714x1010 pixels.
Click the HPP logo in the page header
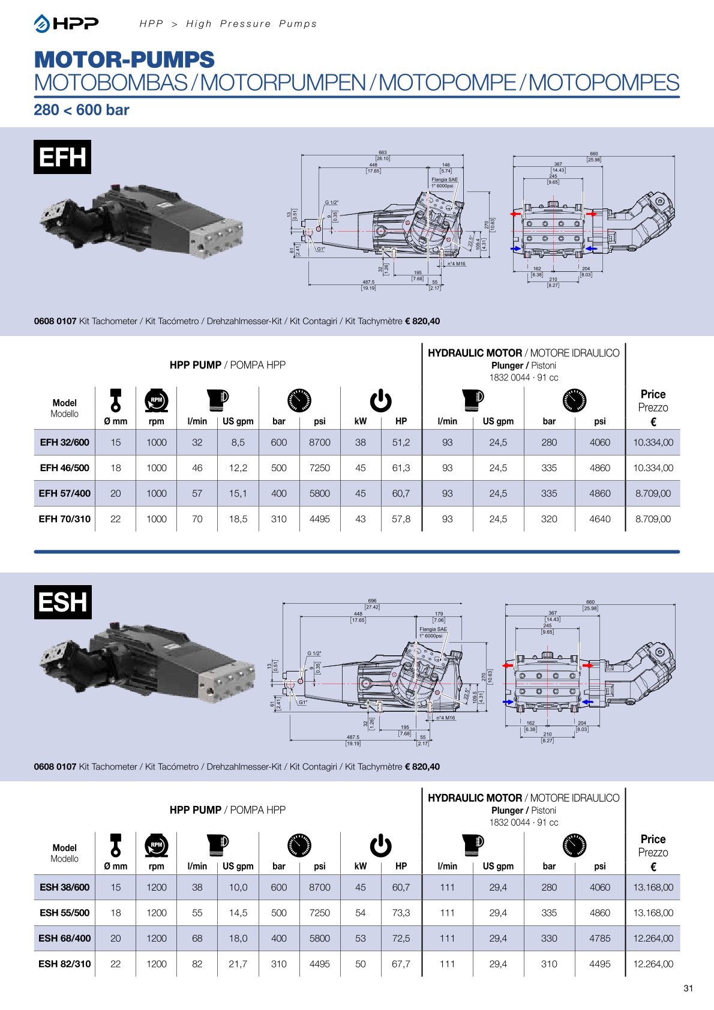tap(67, 23)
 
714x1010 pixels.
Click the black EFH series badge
tap(62, 157)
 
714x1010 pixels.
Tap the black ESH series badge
tap(62, 602)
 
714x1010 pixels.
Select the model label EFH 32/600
tap(64, 442)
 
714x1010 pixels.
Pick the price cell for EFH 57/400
tap(653, 493)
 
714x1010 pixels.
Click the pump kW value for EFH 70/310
tap(360, 519)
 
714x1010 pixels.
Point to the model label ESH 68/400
tap(64, 938)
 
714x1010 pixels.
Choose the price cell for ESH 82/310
tap(653, 964)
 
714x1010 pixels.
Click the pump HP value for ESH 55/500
tap(401, 913)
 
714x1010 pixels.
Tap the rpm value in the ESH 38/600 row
tap(156, 887)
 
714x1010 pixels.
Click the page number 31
tap(688, 988)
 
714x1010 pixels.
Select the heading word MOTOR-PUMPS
tap(124, 60)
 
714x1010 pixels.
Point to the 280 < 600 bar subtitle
tap(82, 110)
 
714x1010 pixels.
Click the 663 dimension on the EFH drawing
tap(382, 152)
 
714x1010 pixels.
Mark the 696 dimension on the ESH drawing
tap(372, 601)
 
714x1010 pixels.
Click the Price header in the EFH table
tap(653, 394)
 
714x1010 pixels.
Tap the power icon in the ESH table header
tap(380, 845)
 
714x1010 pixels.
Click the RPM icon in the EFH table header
tap(156, 400)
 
